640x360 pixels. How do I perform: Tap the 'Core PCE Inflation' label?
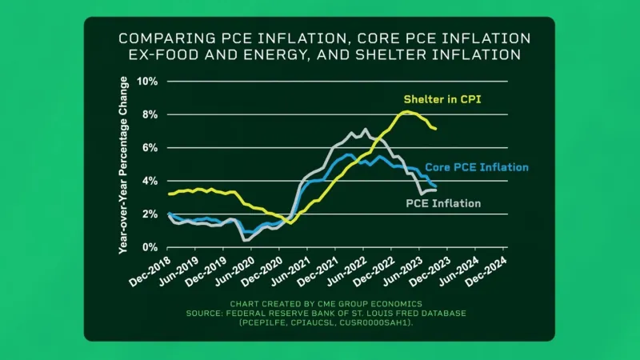(477, 167)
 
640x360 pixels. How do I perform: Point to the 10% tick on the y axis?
(148, 82)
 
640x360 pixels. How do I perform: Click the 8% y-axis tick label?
(150, 114)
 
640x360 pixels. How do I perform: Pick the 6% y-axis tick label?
(150, 148)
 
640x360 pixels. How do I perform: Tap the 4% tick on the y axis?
(150, 181)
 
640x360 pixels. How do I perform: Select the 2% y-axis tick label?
(150, 214)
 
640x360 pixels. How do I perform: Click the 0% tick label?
(150, 247)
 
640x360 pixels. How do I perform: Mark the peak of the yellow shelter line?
(407, 112)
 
